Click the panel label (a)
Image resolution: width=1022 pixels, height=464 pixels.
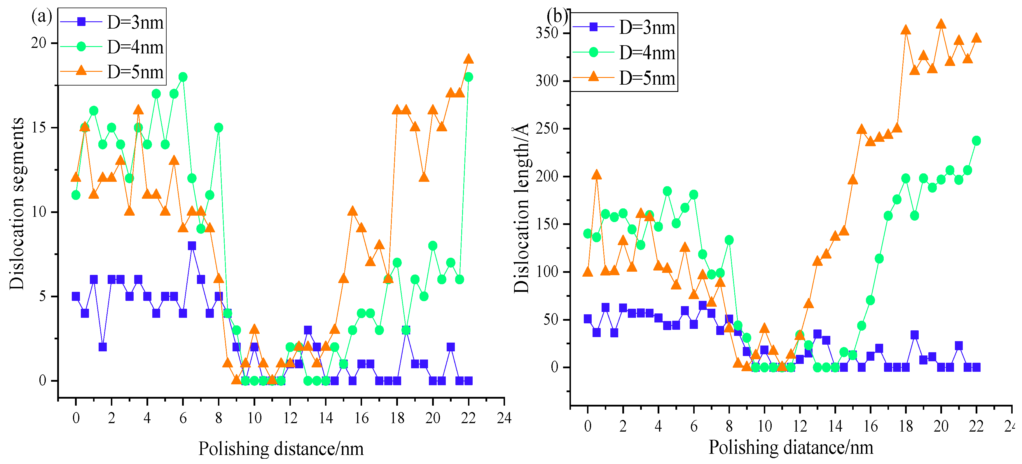[x=41, y=17]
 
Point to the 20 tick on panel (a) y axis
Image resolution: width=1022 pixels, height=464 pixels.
[x=39, y=43]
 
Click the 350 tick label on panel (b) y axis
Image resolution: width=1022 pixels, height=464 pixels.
[x=547, y=33]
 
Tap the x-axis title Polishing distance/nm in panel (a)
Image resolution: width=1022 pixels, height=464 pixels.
[x=281, y=449]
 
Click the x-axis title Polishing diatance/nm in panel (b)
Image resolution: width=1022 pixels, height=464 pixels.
[x=791, y=447]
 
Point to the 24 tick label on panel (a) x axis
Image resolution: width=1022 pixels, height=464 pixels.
[x=504, y=418]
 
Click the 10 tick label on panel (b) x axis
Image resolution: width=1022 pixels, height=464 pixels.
[x=764, y=426]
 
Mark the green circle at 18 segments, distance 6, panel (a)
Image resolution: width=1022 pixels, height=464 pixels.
[x=183, y=77]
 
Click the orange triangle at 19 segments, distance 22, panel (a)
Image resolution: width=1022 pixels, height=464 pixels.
[x=469, y=59]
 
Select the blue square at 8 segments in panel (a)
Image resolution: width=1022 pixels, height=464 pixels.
[x=192, y=246]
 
